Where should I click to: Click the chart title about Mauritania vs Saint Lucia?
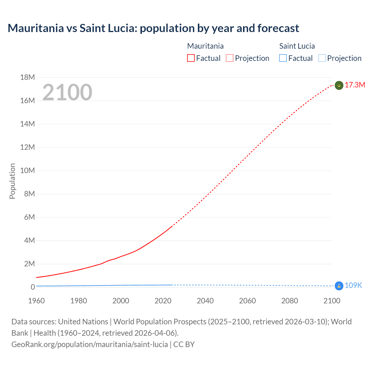tap(153, 28)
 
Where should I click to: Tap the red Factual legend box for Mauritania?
tap(191, 58)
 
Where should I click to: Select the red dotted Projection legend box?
tap(230, 58)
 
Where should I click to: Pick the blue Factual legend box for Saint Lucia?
tap(283, 58)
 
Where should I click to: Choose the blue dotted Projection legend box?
tap(322, 58)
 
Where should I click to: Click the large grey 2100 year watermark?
tap(67, 92)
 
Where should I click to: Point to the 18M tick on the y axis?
tap(27, 77)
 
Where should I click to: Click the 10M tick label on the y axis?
tap(27, 170)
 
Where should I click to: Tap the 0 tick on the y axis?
tap(33, 287)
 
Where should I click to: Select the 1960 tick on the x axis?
tap(36, 301)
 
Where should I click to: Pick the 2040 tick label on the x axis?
tap(205, 301)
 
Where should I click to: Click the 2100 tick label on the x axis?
tap(332, 301)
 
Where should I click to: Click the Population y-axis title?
tap(12, 181)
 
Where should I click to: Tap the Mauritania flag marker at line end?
tap(339, 85)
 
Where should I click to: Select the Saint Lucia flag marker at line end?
tap(339, 286)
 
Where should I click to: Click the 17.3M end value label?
tap(355, 85)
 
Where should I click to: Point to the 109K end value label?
tap(353, 286)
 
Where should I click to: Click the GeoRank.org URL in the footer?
tap(89, 344)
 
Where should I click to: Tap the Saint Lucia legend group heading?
tap(297, 46)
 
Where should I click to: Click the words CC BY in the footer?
tap(184, 344)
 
